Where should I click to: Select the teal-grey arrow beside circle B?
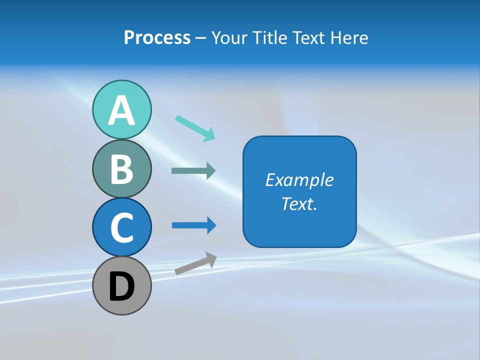193,171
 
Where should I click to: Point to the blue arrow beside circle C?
193,225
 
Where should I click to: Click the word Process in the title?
157,38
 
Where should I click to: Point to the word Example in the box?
299,180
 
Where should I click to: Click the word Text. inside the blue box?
299,203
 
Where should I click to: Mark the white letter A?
122,110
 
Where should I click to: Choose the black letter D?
122,287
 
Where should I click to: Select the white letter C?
122,228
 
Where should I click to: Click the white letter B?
122,169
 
